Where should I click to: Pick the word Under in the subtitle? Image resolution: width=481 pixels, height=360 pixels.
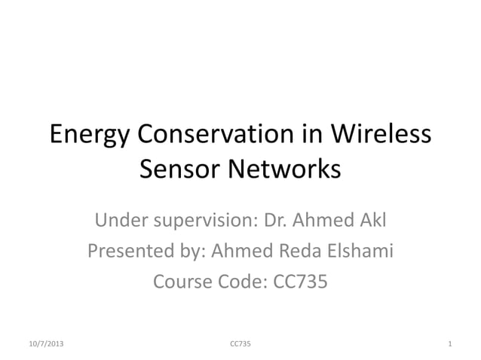[121, 221]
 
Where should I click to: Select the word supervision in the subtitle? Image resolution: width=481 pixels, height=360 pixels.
[204, 223]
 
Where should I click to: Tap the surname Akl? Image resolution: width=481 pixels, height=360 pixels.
[371, 221]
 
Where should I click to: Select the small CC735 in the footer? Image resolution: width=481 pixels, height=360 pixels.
[240, 344]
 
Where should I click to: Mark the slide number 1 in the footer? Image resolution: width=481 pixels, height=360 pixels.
[449, 344]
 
